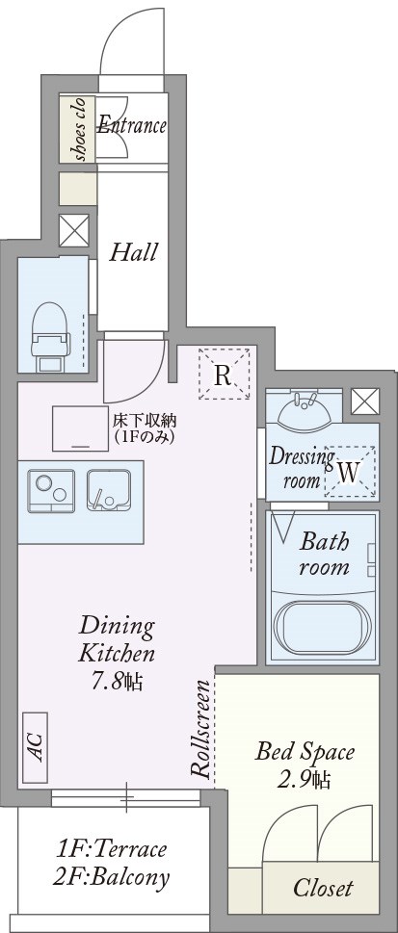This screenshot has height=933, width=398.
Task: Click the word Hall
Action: [x=133, y=253]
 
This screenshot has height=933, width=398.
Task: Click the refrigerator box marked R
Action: [x=223, y=375]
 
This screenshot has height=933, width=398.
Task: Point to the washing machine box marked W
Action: [x=349, y=472]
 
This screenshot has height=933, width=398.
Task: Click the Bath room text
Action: [x=324, y=553]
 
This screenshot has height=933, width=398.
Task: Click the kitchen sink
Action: [x=108, y=490]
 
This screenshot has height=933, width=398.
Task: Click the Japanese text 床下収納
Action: [x=144, y=420]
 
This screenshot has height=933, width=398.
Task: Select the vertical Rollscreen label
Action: [x=201, y=730]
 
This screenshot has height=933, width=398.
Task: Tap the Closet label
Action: [x=323, y=888]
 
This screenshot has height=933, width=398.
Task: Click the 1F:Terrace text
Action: [x=112, y=849]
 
